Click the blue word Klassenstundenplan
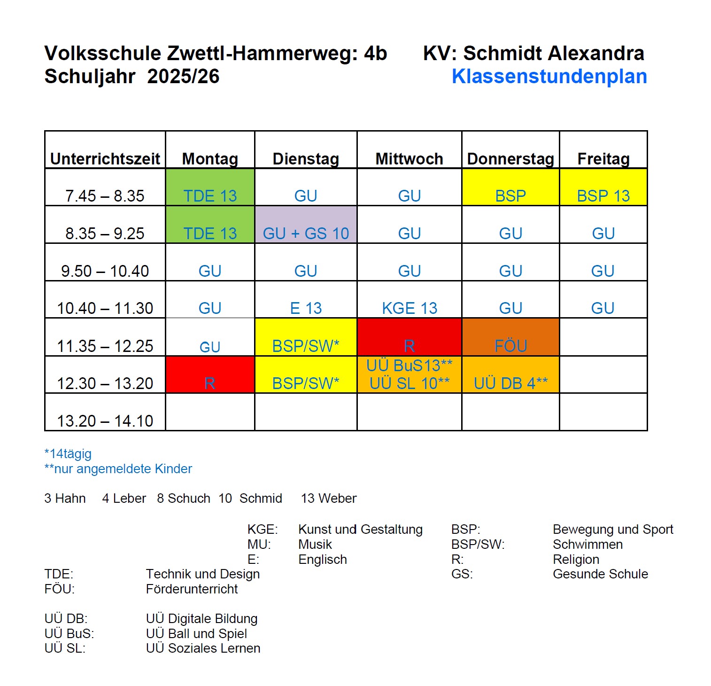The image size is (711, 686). (x=549, y=77)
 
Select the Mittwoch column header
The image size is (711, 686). (x=409, y=159)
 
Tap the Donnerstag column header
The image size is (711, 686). (x=510, y=159)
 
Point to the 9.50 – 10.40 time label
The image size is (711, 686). (x=105, y=271)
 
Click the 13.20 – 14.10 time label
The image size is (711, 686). (x=105, y=421)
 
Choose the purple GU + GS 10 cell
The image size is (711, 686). (x=306, y=233)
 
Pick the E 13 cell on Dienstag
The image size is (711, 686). (x=306, y=308)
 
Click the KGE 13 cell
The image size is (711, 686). (x=409, y=308)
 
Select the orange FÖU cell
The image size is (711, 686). (x=510, y=345)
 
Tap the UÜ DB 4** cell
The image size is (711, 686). (x=510, y=383)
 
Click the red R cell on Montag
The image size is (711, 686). (x=210, y=383)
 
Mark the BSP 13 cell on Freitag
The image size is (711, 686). (x=603, y=195)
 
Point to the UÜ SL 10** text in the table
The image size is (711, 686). (x=409, y=383)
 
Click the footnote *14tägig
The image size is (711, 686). (x=68, y=454)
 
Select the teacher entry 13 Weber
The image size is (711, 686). (x=329, y=498)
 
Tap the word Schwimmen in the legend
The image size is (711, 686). (x=587, y=544)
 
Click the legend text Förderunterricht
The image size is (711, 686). (x=192, y=589)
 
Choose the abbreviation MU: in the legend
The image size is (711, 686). (x=259, y=544)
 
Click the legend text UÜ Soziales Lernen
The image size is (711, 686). (x=203, y=648)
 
